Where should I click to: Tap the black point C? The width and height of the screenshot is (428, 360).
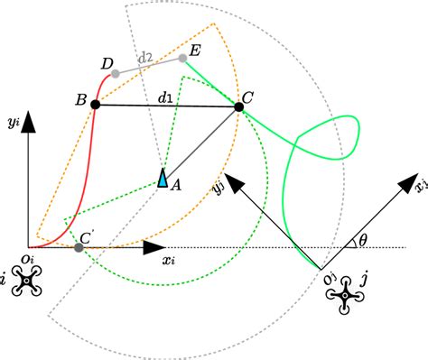coord(239,106)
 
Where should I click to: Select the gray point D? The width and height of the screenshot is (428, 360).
coord(116,72)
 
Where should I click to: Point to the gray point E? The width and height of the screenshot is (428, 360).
coord(183,59)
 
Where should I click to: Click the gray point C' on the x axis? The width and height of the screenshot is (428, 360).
coord(79,246)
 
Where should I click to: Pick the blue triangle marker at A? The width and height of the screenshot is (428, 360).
coord(163,179)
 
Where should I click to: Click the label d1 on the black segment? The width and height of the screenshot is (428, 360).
coord(165,95)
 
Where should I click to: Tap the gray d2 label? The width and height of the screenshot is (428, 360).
coord(145,58)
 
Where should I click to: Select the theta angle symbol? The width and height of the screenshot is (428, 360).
coord(362,241)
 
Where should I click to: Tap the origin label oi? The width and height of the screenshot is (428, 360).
coord(29,262)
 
